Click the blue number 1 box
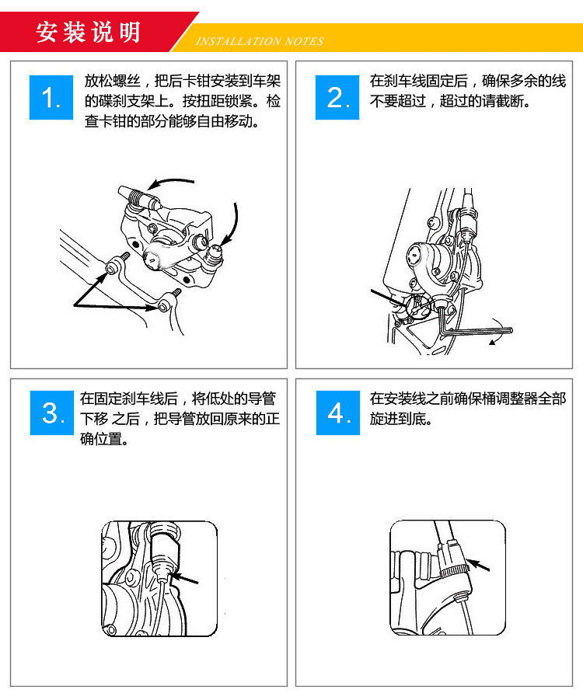[x=51, y=98]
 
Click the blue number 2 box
[x=337, y=98]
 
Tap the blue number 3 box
[x=51, y=413]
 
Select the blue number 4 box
[x=337, y=413]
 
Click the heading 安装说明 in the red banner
[x=88, y=32]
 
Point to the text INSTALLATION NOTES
[x=259, y=41]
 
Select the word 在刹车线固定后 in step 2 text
[x=419, y=81]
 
